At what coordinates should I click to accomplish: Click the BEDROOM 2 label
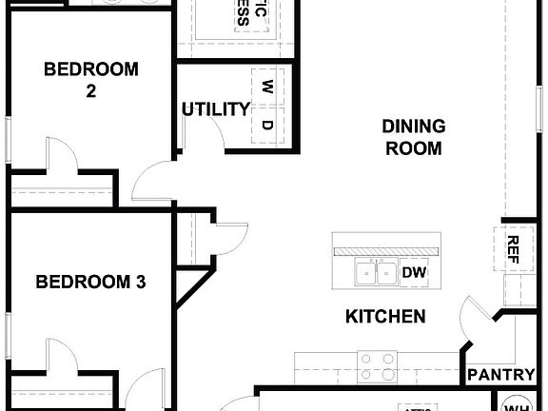click(91, 80)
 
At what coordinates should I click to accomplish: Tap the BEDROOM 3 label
click(91, 282)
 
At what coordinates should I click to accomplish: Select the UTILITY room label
click(216, 109)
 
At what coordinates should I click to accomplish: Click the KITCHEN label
click(385, 317)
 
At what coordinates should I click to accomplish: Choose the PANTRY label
click(500, 375)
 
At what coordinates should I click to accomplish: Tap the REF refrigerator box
click(513, 250)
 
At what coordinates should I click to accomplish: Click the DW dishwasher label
click(413, 273)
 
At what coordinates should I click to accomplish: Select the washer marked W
click(267, 87)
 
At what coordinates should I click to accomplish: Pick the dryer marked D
click(267, 125)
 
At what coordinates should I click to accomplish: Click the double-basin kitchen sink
click(376, 273)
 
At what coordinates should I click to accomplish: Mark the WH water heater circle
click(518, 402)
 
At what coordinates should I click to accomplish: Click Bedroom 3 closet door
click(61, 355)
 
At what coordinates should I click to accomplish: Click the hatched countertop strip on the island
click(385, 249)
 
